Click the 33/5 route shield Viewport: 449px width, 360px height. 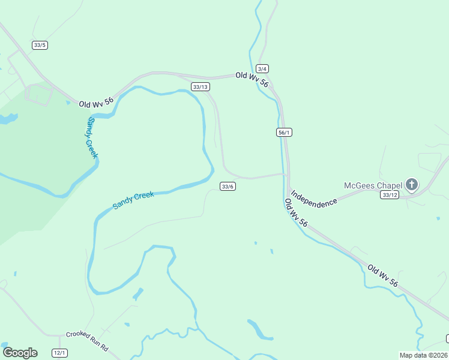[40, 45]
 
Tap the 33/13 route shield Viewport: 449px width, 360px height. [200, 87]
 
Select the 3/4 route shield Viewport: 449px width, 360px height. [262, 68]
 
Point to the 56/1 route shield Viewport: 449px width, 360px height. [285, 132]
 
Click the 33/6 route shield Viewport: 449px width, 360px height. [228, 186]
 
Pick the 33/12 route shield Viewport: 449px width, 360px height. [390, 194]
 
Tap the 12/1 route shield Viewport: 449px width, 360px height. [59, 353]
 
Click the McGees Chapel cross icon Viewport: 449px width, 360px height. [412, 184]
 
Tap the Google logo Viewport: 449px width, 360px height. [20, 352]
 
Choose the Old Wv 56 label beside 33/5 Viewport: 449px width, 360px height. [96, 103]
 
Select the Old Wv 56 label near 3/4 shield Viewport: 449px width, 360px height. [252, 79]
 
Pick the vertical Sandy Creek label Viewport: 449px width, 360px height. [92, 137]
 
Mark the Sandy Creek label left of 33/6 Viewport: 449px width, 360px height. [133, 200]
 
